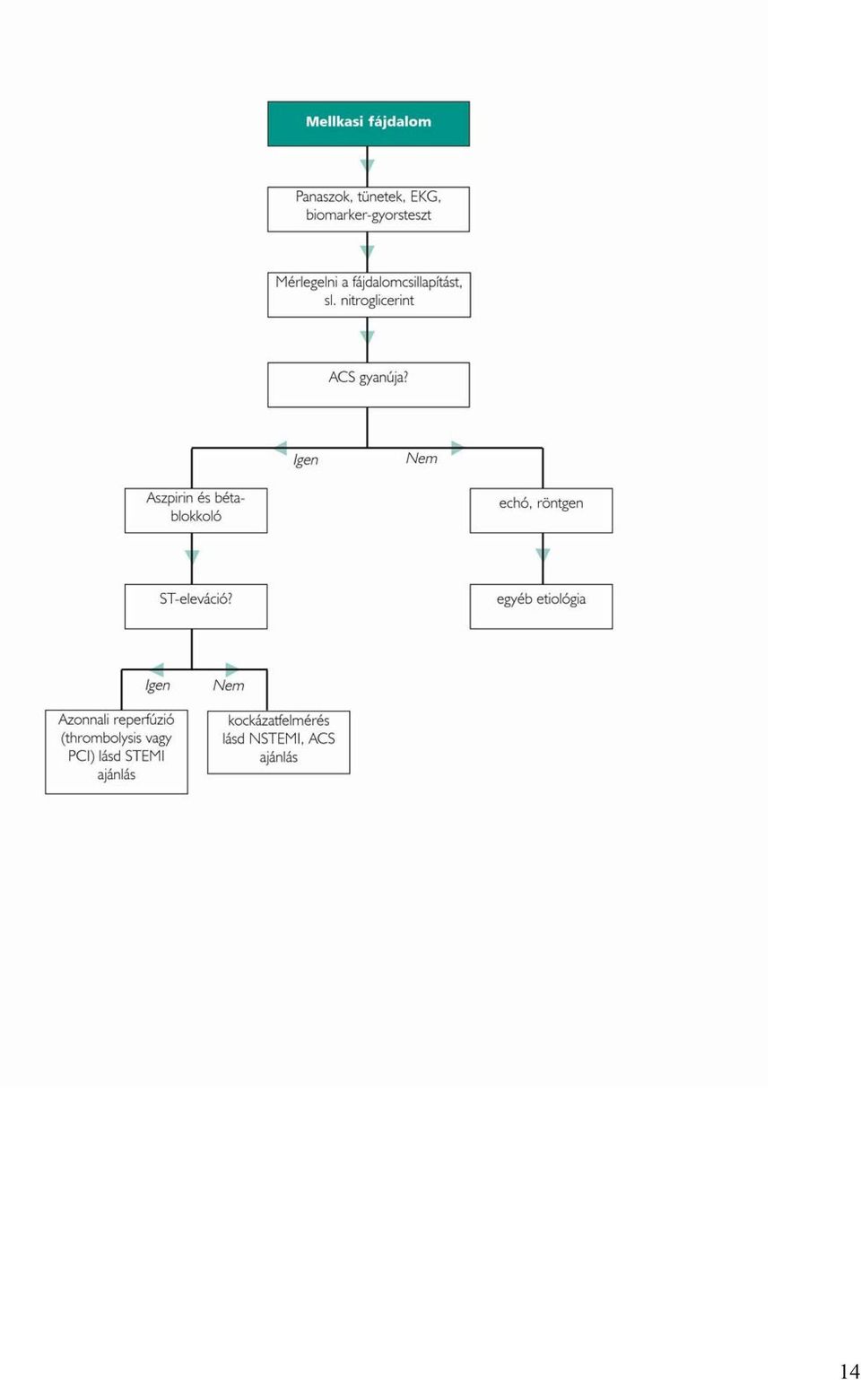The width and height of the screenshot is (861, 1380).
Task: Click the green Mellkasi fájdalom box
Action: [369, 124]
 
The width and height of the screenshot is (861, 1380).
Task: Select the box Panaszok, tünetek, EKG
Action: [369, 209]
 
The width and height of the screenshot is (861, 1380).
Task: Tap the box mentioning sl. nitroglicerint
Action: [369, 294]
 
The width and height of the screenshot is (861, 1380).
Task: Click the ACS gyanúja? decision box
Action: [369, 384]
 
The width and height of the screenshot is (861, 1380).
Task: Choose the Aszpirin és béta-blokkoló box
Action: [196, 511]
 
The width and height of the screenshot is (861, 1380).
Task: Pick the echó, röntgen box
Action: [542, 511]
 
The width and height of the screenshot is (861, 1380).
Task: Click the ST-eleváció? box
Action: [196, 607]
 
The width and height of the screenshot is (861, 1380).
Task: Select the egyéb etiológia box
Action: [542, 607]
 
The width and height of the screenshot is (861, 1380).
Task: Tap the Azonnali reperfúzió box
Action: [117, 752]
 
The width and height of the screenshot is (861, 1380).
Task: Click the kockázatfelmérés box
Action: [278, 742]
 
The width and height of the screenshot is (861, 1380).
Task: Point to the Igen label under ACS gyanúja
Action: [306, 460]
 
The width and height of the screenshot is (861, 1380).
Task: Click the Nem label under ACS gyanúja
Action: [422, 459]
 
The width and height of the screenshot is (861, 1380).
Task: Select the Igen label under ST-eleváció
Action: [158, 686]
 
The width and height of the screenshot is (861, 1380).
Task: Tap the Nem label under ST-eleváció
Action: [229, 686]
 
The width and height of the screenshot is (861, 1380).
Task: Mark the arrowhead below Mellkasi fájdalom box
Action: [368, 166]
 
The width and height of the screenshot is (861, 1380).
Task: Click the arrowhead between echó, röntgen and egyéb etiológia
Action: [543, 555]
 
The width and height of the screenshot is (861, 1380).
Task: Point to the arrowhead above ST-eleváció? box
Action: [192, 557]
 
